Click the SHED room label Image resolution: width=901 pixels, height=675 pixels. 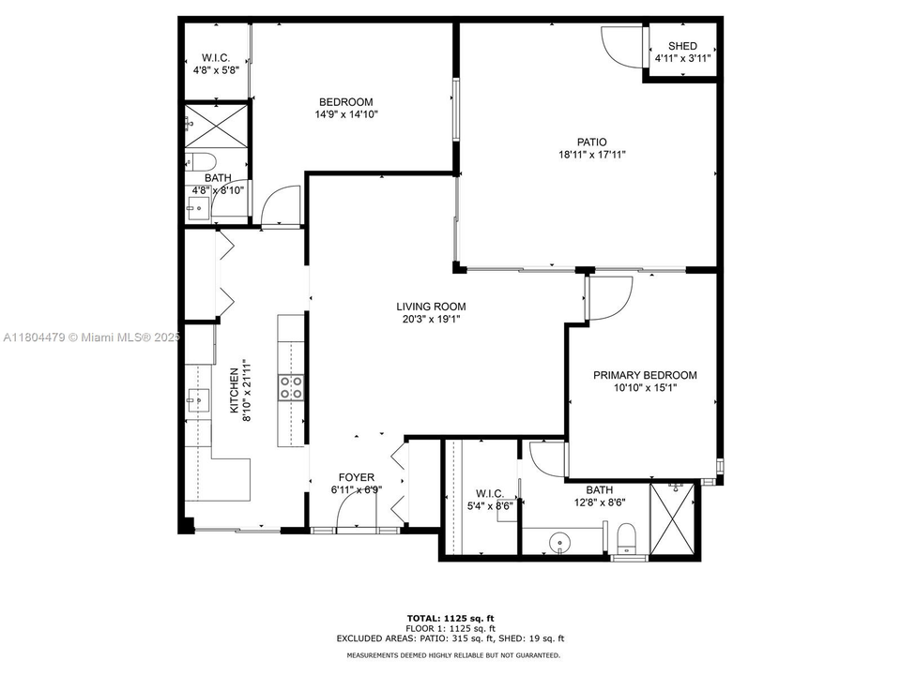pyautogui.click(x=682, y=46)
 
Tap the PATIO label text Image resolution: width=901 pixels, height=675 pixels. pyautogui.click(x=591, y=142)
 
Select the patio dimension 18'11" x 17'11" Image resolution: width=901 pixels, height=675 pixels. pyautogui.click(x=591, y=156)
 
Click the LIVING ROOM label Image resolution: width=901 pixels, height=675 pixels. pyautogui.click(x=431, y=307)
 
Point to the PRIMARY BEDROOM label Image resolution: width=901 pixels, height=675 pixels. pyautogui.click(x=645, y=375)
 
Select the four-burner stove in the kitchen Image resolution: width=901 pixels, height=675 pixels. pyautogui.click(x=291, y=388)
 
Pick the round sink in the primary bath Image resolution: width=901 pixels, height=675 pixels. pyautogui.click(x=561, y=541)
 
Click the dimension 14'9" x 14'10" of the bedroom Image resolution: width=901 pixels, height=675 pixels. pyautogui.click(x=345, y=115)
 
